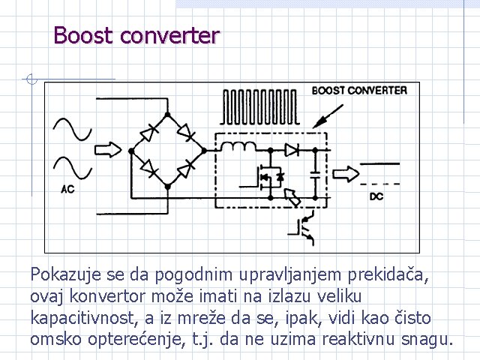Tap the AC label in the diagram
(x=67, y=190)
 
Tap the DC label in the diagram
(x=376, y=197)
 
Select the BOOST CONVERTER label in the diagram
(x=359, y=91)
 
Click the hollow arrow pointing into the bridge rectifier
(x=108, y=150)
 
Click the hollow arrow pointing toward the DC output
(x=346, y=173)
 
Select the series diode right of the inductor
(x=293, y=149)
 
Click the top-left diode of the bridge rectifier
(x=149, y=133)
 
